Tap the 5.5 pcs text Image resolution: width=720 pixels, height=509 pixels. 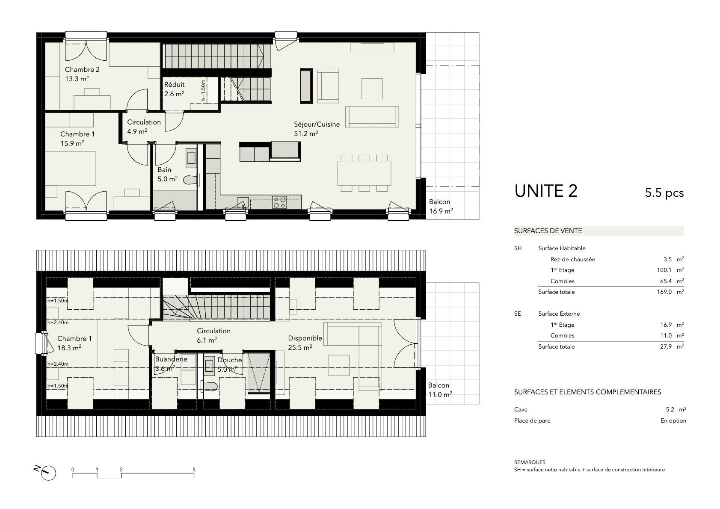pyautogui.click(x=664, y=193)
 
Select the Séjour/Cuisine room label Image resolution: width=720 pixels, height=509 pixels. pyautogui.click(x=317, y=124)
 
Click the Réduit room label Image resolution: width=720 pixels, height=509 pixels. pyautogui.click(x=174, y=85)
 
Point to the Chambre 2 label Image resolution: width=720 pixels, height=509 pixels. pyautogui.click(x=82, y=69)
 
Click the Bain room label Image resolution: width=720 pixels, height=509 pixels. pyautogui.click(x=164, y=170)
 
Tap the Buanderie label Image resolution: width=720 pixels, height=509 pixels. pyautogui.click(x=171, y=359)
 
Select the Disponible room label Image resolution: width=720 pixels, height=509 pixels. pyautogui.click(x=305, y=338)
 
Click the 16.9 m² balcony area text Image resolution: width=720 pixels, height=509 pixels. pyautogui.click(x=441, y=211)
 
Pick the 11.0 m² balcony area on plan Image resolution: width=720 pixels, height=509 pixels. pyautogui.click(x=440, y=394)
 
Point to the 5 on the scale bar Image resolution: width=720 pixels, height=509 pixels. pyautogui.click(x=194, y=470)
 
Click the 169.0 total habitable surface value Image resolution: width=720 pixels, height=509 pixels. pyautogui.click(x=664, y=292)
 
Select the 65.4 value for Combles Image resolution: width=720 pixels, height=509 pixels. pyautogui.click(x=666, y=281)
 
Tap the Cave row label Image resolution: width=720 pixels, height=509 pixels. pyautogui.click(x=521, y=410)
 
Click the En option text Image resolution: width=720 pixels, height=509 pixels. pyautogui.click(x=673, y=420)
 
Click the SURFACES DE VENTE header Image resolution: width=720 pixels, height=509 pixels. pyautogui.click(x=548, y=231)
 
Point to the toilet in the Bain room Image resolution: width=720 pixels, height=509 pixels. pyautogui.click(x=191, y=180)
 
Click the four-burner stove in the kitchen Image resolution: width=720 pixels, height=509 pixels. pyautogui.click(x=279, y=202)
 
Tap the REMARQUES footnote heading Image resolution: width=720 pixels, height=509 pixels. pyautogui.click(x=530, y=462)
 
